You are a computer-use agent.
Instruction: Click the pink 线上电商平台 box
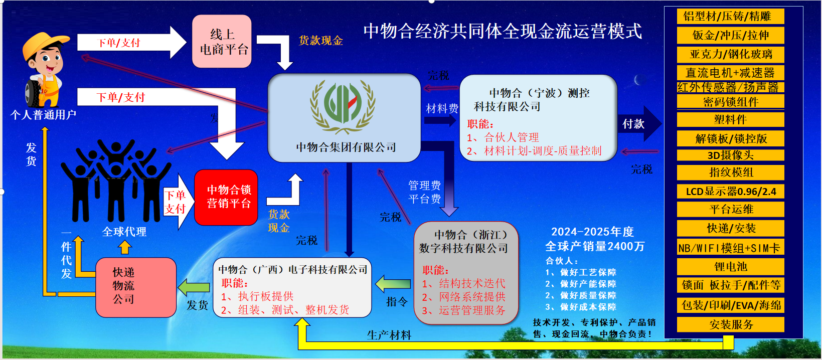coord(222,41)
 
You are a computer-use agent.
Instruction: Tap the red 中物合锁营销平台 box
coord(226,197)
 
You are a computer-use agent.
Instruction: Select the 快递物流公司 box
coord(136,287)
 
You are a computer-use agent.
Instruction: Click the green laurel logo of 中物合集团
coord(343,106)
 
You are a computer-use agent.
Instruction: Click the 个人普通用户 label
coord(43,115)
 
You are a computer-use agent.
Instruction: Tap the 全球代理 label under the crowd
coord(124,232)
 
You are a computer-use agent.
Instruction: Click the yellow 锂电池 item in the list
coord(730,266)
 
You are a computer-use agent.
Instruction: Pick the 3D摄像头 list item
coord(730,155)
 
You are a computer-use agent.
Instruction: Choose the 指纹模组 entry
coord(730,172)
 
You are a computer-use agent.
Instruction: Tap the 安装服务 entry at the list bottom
coord(730,324)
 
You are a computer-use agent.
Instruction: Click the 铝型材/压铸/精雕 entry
coord(730,16)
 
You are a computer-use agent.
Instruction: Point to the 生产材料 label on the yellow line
coord(389,335)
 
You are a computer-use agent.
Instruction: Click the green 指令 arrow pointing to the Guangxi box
coord(393,284)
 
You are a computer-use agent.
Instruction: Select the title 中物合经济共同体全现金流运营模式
coord(503,31)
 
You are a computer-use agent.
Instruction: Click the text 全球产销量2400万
coord(595,246)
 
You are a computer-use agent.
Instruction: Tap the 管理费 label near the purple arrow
coord(425,186)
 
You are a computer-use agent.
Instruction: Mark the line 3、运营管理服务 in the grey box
coord(463,310)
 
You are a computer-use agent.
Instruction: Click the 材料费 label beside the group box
coord(442,109)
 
